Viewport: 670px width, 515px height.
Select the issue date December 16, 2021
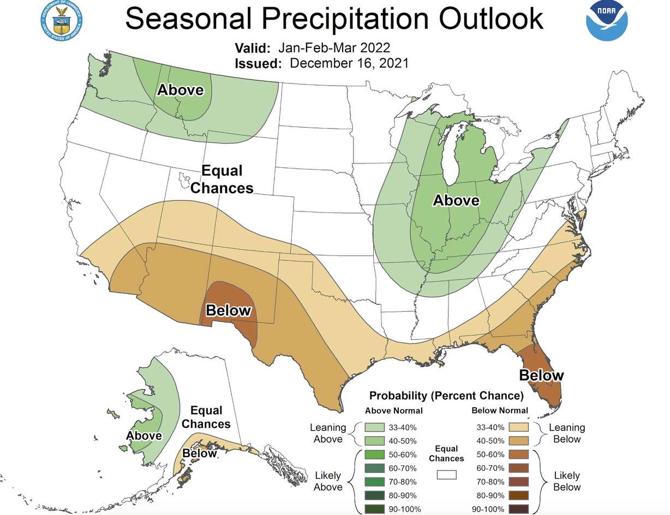pos(349,63)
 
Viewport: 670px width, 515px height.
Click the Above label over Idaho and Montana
pos(180,90)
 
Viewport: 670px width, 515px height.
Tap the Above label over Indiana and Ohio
pos(456,201)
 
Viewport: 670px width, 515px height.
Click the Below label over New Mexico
pos(228,311)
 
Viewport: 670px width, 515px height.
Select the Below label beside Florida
pos(541,375)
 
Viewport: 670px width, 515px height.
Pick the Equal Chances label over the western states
pos(222,179)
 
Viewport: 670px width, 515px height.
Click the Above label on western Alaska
pos(144,435)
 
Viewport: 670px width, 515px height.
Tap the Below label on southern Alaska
pos(199,453)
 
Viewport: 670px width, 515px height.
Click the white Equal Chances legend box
pos(446,475)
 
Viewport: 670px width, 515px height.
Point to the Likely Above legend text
pos(328,482)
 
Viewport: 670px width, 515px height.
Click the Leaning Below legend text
pos(567,433)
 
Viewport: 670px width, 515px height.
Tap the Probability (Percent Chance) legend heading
pos(446,395)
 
